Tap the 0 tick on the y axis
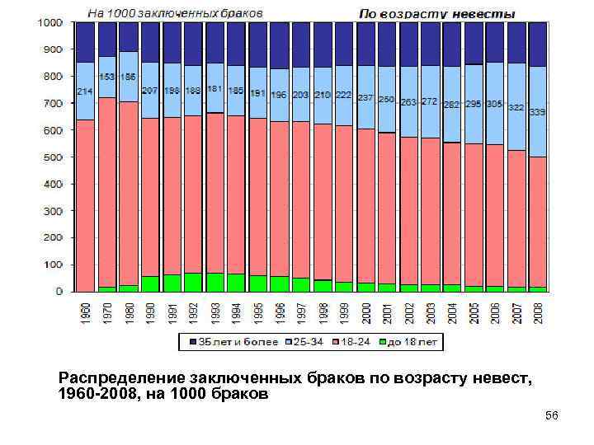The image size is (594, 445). click(59, 292)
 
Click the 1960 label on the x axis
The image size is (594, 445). click(86, 313)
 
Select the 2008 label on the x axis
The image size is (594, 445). click(537, 313)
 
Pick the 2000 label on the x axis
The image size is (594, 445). click(365, 313)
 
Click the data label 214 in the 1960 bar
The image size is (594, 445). click(84, 91)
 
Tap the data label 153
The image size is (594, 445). click(106, 76)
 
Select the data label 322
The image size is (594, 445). click(516, 107)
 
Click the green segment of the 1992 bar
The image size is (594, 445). click(193, 282)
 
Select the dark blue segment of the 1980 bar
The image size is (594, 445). click(128, 37)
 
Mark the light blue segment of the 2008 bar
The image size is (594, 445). click(537, 111)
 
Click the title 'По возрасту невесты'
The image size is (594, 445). click(437, 14)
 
